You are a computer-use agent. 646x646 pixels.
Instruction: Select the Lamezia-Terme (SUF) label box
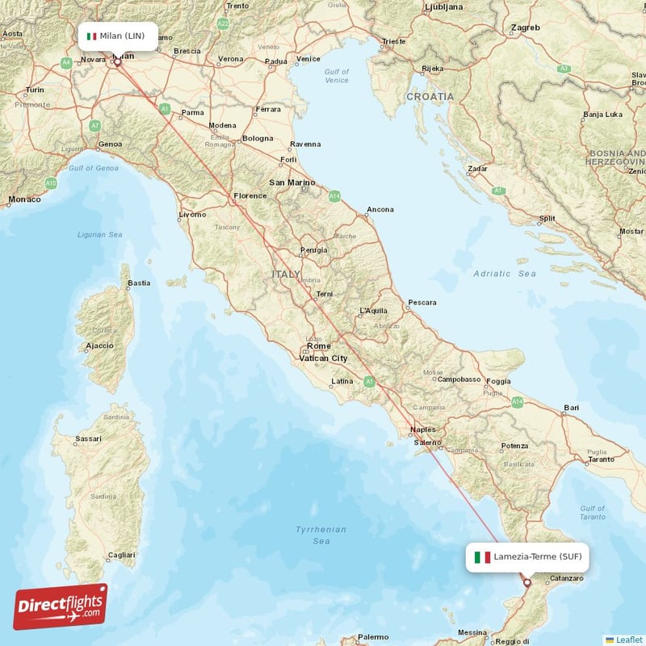click(527, 557)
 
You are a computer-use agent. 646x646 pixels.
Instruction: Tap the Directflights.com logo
click(61, 606)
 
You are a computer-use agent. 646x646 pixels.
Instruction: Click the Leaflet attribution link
click(627, 639)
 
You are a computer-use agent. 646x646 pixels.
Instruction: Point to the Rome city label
click(318, 346)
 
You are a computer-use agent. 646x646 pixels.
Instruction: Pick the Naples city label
click(424, 430)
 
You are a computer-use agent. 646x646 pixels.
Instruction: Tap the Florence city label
click(250, 195)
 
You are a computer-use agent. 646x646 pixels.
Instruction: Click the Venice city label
click(308, 59)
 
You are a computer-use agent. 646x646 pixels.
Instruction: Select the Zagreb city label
click(525, 27)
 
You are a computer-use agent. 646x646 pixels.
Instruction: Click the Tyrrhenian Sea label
click(321, 535)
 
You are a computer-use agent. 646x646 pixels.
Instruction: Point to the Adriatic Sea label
click(505, 274)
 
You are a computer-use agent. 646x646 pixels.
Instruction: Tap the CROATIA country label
click(430, 96)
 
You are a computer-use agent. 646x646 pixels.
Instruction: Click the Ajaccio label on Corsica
click(99, 346)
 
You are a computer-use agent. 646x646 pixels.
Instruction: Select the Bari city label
click(572, 408)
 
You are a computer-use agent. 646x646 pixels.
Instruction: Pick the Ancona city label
click(380, 210)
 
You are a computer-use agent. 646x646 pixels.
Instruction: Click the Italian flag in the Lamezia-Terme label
click(482, 557)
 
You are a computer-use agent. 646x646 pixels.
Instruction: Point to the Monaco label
click(23, 199)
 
